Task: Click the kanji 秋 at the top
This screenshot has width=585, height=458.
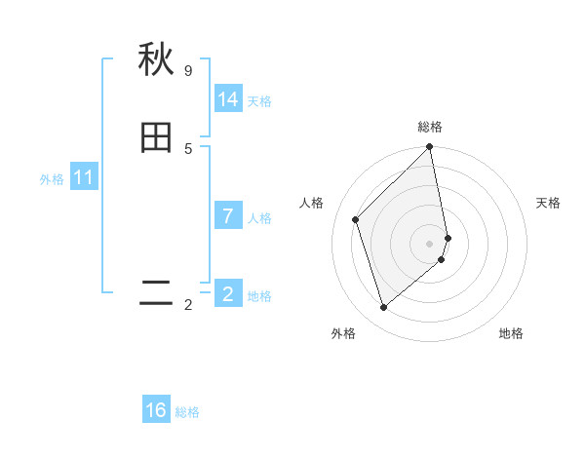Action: [x=156, y=60]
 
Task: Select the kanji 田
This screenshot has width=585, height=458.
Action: [x=156, y=138]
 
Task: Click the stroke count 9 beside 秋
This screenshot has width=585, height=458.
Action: [x=188, y=71]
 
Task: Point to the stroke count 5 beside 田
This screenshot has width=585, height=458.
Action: [x=188, y=148]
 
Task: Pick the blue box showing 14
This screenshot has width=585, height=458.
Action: [x=228, y=99]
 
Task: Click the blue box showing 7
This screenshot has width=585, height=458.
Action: [x=228, y=216]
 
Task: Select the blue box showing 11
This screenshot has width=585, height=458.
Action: [x=84, y=177]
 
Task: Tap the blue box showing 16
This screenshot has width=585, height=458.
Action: [x=156, y=410]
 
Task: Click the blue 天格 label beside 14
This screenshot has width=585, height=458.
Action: [x=259, y=101]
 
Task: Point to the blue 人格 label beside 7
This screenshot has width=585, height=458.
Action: [x=259, y=218]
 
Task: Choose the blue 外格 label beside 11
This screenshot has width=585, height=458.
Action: [x=52, y=179]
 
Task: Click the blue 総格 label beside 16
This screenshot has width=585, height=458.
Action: [x=187, y=412]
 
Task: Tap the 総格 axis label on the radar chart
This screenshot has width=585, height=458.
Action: [x=430, y=127]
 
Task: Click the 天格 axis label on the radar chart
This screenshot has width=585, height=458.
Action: [x=548, y=203]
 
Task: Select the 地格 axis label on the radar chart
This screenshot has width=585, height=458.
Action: [x=511, y=334]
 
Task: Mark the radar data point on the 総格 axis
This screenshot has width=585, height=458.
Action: [x=430, y=148]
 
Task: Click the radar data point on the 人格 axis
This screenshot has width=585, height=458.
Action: [x=356, y=219]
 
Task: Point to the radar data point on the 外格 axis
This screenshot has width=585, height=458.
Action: [x=384, y=308]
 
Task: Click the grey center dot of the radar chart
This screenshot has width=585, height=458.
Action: [x=430, y=243]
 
